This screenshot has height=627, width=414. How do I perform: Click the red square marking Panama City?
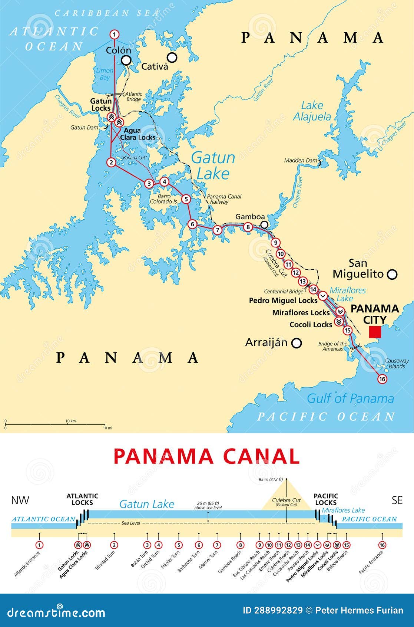(x=375, y=332)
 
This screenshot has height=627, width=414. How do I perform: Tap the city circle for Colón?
(x=127, y=60)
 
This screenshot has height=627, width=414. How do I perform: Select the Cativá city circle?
(x=172, y=58)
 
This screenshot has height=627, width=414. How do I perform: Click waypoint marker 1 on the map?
(x=115, y=35)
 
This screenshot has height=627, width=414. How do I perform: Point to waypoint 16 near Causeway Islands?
(x=382, y=379)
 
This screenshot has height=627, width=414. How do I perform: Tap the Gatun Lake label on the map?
(x=213, y=165)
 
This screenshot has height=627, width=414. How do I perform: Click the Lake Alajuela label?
(x=312, y=111)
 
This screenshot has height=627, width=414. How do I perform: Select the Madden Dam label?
(x=301, y=161)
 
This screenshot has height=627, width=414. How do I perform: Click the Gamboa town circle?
(x=264, y=224)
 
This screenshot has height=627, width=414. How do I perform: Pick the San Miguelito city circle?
(x=392, y=274)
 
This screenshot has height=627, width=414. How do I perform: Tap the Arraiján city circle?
(x=296, y=343)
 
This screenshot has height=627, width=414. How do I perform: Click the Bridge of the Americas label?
(x=333, y=346)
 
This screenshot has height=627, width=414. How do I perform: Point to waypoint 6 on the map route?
(x=192, y=224)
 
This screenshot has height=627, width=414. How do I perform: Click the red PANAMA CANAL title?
(x=206, y=456)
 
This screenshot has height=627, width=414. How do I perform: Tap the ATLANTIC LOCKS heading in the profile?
(x=82, y=499)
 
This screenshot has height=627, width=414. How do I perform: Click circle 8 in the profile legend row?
(x=241, y=545)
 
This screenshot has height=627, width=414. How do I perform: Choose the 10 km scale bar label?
(x=70, y=421)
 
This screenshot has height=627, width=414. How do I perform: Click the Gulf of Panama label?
(x=350, y=398)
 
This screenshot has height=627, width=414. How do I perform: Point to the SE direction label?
(x=397, y=500)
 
